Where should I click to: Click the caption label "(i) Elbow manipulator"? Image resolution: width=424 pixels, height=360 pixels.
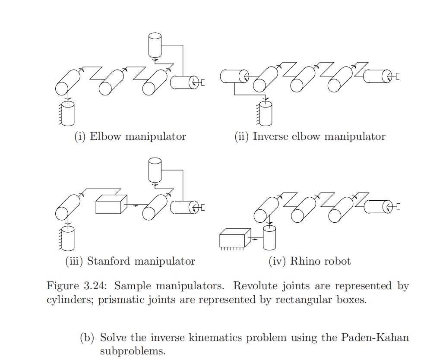[x=130, y=137]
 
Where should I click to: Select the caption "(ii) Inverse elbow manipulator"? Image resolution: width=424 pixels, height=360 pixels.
[x=310, y=137]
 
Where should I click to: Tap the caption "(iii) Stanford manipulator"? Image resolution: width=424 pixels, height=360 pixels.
[x=130, y=261]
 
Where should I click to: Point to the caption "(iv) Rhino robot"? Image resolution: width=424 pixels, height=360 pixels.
[x=310, y=261]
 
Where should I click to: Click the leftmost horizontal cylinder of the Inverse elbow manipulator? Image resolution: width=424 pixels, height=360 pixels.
[x=234, y=76]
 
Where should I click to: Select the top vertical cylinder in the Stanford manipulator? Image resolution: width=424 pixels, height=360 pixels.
[x=154, y=170]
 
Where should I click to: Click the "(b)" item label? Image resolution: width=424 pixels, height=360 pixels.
[x=88, y=337]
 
